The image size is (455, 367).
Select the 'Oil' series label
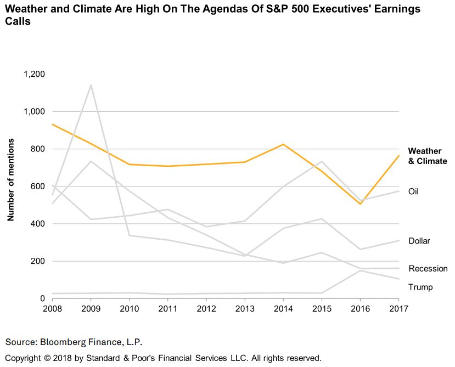pos(414,191)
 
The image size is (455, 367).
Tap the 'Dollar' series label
pos(419,241)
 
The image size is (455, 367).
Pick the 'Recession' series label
pos(428,269)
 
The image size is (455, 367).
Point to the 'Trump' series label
pos(420,287)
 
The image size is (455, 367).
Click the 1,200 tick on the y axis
pos(35,74)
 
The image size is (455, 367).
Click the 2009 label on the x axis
pos(91,309)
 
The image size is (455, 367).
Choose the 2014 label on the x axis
pos(283,309)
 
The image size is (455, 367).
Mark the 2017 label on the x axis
pos(398,309)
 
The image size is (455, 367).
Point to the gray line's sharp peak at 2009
pos(91,85)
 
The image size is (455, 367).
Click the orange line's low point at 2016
pos(360,204)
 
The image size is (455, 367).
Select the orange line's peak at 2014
pos(283,144)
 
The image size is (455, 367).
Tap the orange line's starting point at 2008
pos(53,125)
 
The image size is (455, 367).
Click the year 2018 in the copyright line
pos(63,358)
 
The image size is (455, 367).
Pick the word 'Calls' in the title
pos(17,22)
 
